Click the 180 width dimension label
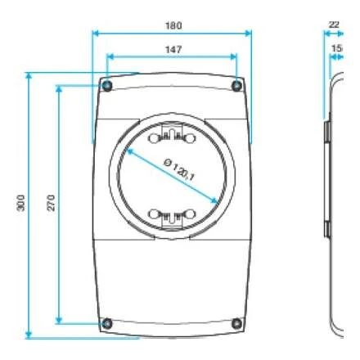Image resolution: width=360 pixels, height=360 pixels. pyautogui.click(x=173, y=25)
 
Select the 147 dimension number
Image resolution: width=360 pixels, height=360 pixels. pyautogui.click(x=173, y=50)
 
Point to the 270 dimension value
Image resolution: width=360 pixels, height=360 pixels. pyautogui.click(x=51, y=204)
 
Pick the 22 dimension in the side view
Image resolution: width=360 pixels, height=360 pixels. pyautogui.click(x=334, y=25)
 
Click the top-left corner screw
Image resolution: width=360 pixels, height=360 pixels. pyautogui.click(x=107, y=86)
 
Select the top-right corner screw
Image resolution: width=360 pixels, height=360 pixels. pyautogui.click(x=236, y=86)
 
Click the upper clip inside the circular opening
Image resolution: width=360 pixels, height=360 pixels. pyautogui.click(x=172, y=133)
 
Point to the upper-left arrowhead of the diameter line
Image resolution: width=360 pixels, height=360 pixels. pyautogui.click(x=129, y=151)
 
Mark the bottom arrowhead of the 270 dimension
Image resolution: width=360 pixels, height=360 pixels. pyautogui.click(x=59, y=319)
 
